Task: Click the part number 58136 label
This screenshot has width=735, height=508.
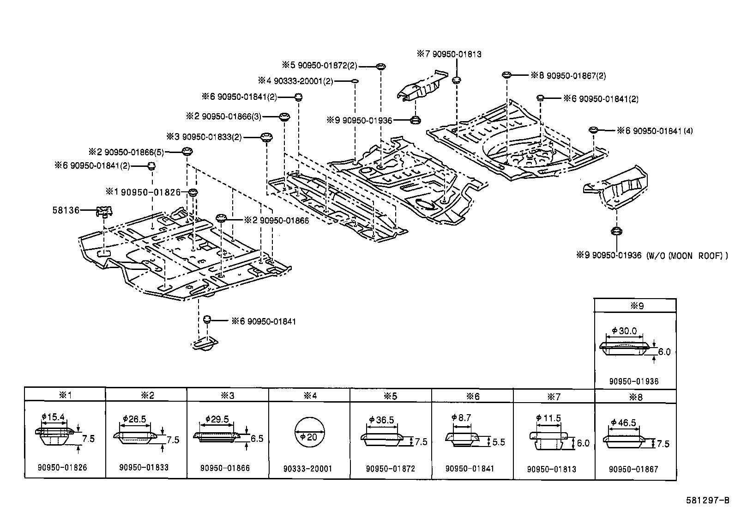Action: click(x=66, y=211)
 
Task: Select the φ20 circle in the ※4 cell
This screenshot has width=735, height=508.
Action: click(x=309, y=436)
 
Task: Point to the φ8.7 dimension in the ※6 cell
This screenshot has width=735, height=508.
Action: click(x=461, y=417)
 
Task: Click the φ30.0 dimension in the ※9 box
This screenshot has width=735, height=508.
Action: click(x=624, y=331)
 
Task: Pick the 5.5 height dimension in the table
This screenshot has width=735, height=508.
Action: click(x=499, y=442)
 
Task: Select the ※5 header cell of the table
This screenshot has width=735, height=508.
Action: click(x=390, y=396)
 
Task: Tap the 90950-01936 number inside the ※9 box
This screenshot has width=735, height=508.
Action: click(x=633, y=381)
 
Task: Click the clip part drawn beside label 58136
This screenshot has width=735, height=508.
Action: click(x=105, y=212)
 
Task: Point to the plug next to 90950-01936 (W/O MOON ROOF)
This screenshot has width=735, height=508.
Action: click(x=615, y=231)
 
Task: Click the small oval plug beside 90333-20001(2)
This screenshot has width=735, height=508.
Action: click(x=355, y=81)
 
